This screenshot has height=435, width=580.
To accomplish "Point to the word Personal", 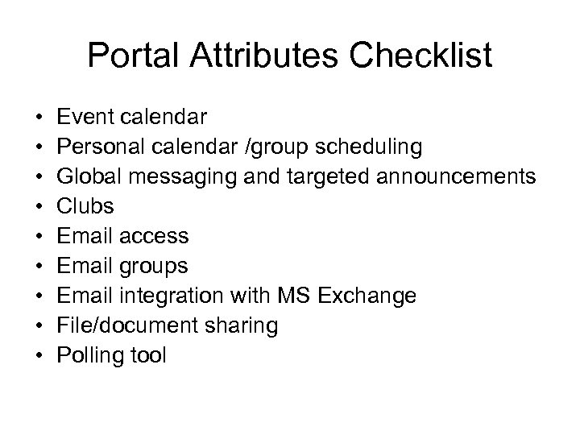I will coord(107,147).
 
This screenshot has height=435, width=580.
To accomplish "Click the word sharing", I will coord(241,325).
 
